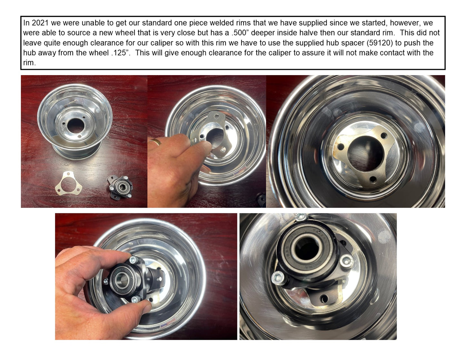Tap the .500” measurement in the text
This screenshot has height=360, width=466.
point(240,33)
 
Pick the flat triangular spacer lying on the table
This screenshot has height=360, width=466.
point(69,183)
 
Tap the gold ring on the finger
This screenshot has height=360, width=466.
point(155,141)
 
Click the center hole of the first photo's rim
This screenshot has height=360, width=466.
point(76,126)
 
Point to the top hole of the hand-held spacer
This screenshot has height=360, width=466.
point(216,116)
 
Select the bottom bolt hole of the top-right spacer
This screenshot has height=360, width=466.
point(373,179)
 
